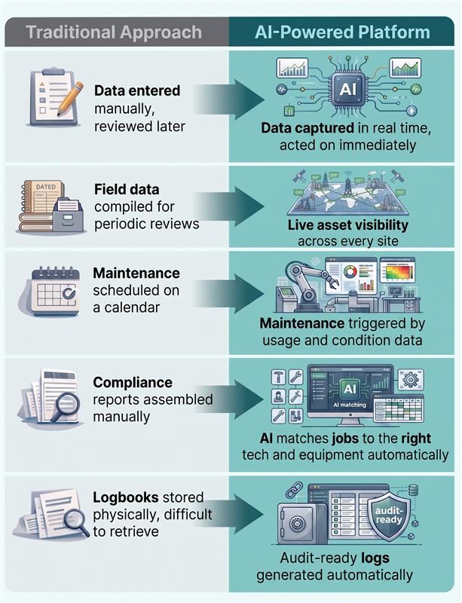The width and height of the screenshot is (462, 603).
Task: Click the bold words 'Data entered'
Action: coord(137,91)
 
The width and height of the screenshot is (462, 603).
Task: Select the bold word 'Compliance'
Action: coord(133,383)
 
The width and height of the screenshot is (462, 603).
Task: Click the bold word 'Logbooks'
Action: coord(126,498)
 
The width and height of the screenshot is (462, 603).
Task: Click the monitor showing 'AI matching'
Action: coord(350,394)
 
